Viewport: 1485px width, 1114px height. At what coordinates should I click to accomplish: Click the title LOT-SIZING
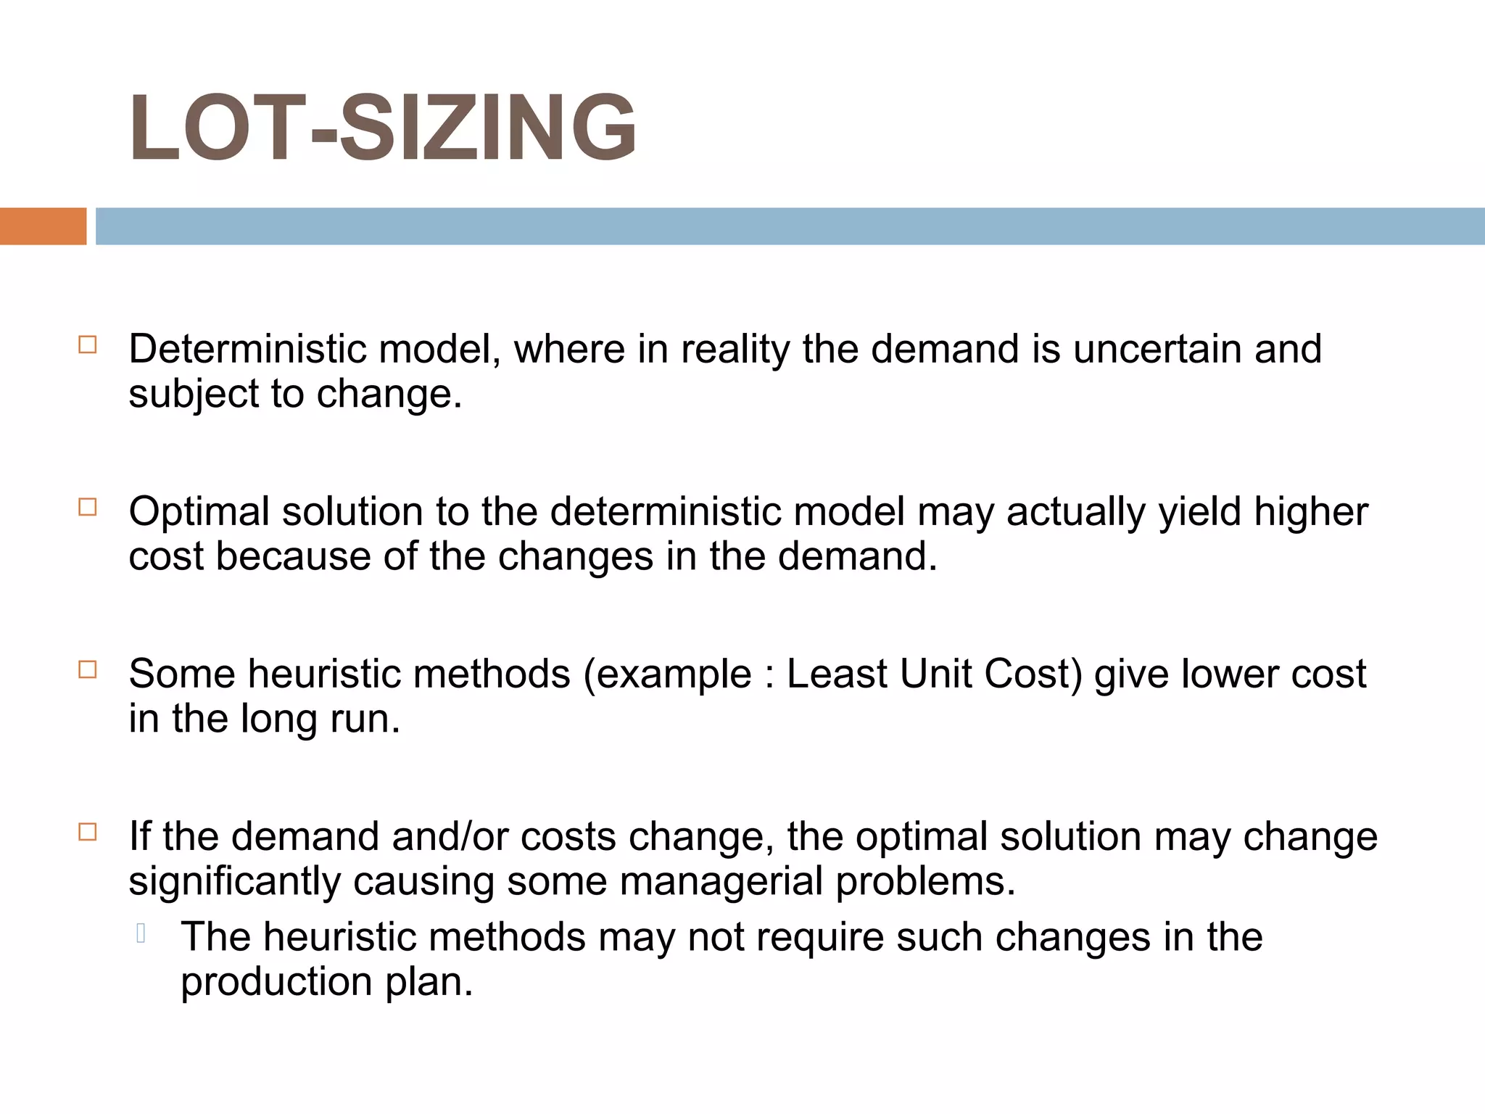(382, 128)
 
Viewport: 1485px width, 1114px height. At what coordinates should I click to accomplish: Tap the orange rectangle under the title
(43, 226)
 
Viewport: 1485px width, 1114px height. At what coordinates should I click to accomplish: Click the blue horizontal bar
(790, 226)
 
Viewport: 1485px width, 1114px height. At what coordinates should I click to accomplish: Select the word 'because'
(293, 557)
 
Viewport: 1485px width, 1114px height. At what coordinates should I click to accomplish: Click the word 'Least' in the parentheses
(836, 674)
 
